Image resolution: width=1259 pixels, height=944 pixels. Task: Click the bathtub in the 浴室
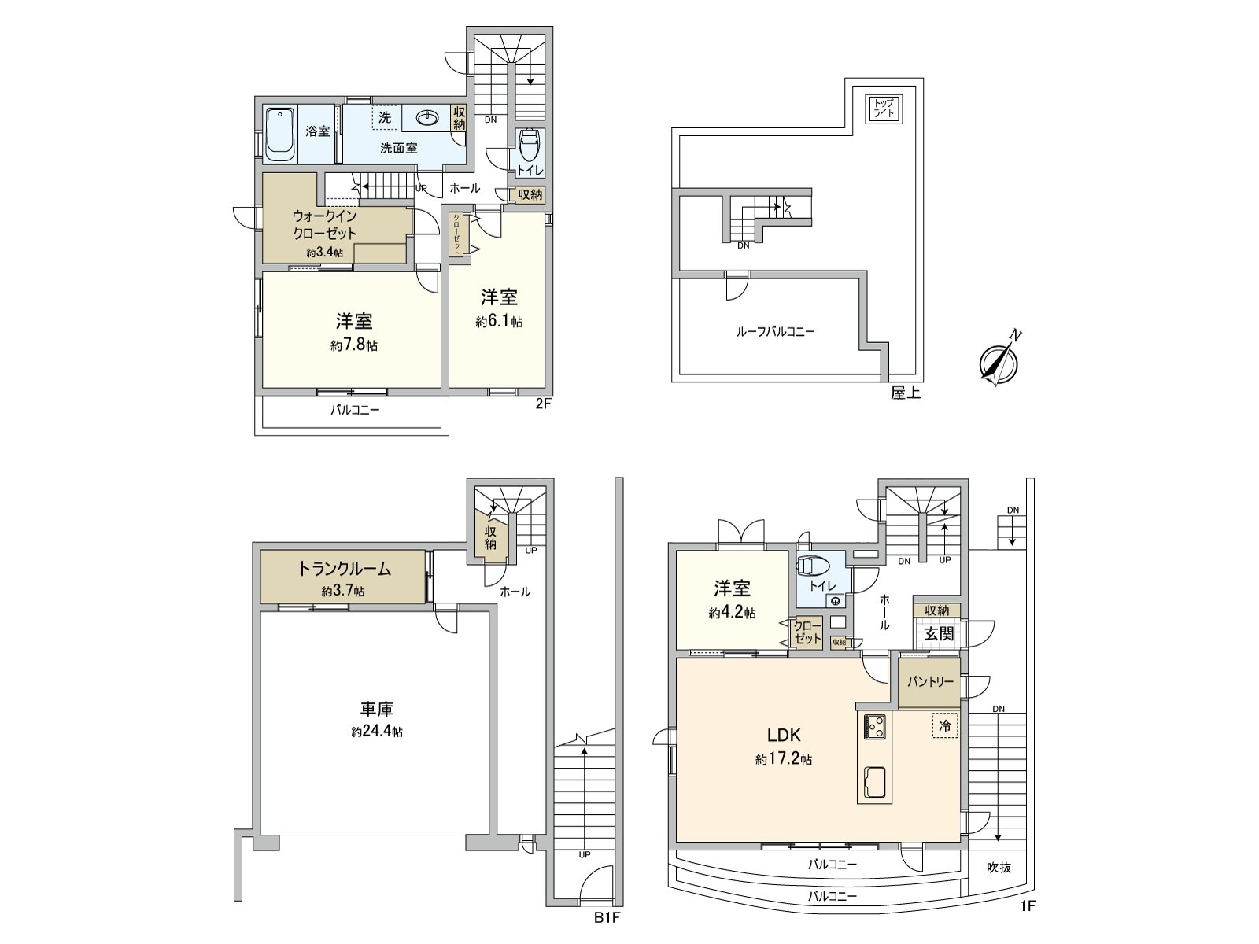[x=279, y=133]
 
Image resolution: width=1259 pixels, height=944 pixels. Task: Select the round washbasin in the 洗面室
[x=427, y=118]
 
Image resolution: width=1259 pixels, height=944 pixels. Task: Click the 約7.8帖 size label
[x=354, y=345]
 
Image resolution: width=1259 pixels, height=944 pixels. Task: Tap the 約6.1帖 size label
[x=499, y=322]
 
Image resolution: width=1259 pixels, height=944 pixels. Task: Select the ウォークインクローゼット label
[x=324, y=224]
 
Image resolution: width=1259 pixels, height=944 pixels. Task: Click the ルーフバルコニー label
[x=775, y=332]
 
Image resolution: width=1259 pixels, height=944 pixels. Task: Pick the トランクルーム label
[x=344, y=570]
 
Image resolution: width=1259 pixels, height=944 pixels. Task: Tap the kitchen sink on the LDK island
[x=875, y=782]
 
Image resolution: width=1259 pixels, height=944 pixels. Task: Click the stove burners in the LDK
[x=875, y=727]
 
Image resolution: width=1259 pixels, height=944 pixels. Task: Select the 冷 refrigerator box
[x=944, y=726]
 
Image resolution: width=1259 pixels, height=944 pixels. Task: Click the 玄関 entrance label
[x=938, y=633]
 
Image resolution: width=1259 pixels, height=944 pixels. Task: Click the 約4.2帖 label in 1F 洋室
[x=732, y=613]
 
